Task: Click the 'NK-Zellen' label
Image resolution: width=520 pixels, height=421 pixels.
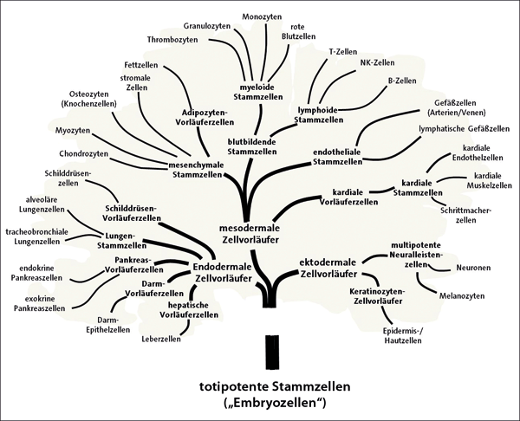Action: coord(377,63)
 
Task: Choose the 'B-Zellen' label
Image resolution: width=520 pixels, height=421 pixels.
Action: coord(403,81)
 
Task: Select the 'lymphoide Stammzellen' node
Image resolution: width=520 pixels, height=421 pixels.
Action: coord(321,116)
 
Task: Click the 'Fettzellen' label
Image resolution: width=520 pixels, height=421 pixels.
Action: coord(140,66)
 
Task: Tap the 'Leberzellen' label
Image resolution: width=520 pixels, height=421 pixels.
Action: coord(159,339)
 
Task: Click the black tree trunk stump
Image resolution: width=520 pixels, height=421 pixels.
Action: coord(272,351)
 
